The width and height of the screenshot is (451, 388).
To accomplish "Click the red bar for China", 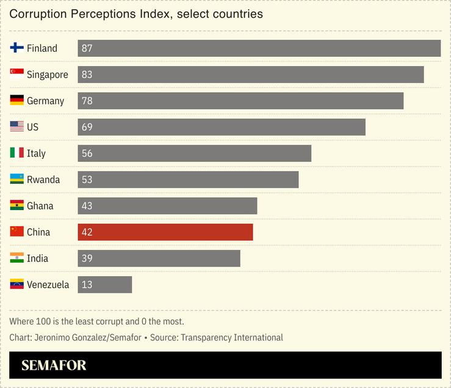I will point(165,232).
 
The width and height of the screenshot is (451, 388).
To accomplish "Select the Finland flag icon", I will point(17,48).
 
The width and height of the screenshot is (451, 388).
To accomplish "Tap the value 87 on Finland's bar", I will point(87,48).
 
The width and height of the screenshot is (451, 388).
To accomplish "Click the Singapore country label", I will point(47,75).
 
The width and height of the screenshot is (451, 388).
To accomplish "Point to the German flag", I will point(17,101).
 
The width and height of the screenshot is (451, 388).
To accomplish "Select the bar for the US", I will point(222,127).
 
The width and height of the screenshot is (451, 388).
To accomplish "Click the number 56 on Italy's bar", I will point(87,153).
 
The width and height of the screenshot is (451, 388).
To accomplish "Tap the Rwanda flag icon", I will point(17,180).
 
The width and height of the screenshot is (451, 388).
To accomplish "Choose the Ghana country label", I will point(40,206).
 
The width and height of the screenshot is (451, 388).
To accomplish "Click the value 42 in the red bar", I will point(87,232).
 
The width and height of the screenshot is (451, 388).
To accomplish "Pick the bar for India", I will point(159,258).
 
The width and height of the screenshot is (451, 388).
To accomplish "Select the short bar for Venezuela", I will point(105,285).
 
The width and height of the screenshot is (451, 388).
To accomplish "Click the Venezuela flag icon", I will point(17,285).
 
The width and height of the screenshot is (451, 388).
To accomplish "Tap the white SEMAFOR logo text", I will point(54,365).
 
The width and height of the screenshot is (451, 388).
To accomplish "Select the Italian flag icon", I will point(17,153).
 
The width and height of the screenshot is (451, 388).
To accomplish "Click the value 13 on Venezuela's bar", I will point(87,285).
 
